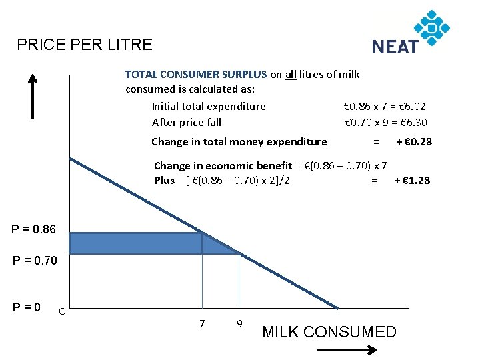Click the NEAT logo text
click(395, 46)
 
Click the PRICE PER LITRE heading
click(85, 45)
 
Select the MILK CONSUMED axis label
click(329, 332)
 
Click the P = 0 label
click(27, 307)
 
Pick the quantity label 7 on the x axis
click(201, 323)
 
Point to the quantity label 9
click(239, 324)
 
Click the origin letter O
click(61, 311)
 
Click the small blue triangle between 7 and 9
click(215, 245)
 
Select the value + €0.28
click(414, 141)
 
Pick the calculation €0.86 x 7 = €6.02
click(385, 106)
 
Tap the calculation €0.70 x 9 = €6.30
click(385, 122)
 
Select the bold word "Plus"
click(164, 180)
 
